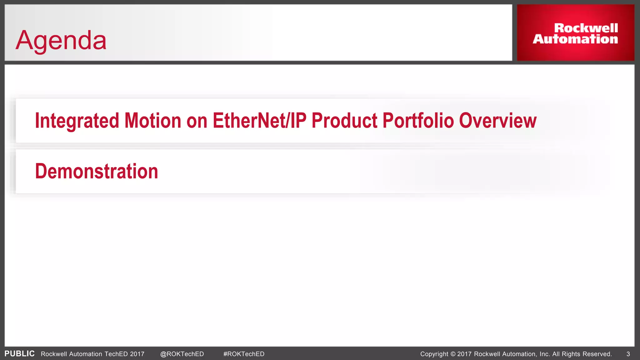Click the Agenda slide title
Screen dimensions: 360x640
pyautogui.click(x=61, y=40)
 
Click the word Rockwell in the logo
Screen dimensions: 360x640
pyautogui.click(x=586, y=28)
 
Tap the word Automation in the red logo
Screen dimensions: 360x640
pyautogui.click(x=575, y=39)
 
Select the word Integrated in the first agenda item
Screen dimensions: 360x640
pyautogui.click(x=77, y=121)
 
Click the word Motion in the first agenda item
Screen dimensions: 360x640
pyautogui.click(x=153, y=121)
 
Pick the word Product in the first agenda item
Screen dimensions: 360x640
pyautogui.click(x=344, y=121)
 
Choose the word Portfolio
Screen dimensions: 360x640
pyautogui.click(x=418, y=121)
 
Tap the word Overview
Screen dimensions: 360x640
pyautogui.click(x=497, y=121)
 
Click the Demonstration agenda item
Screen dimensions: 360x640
pyautogui.click(x=97, y=171)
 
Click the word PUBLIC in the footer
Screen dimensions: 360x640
pyautogui.click(x=19, y=354)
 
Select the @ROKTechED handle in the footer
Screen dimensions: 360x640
pyautogui.click(x=182, y=354)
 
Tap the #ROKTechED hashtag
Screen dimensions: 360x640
pyautogui.click(x=244, y=354)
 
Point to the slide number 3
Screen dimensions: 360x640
pyautogui.click(x=628, y=354)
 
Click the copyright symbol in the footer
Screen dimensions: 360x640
pyautogui.click(x=453, y=354)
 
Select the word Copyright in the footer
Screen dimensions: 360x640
pyautogui.click(x=434, y=354)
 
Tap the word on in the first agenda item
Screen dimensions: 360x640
pyautogui.click(x=197, y=121)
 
